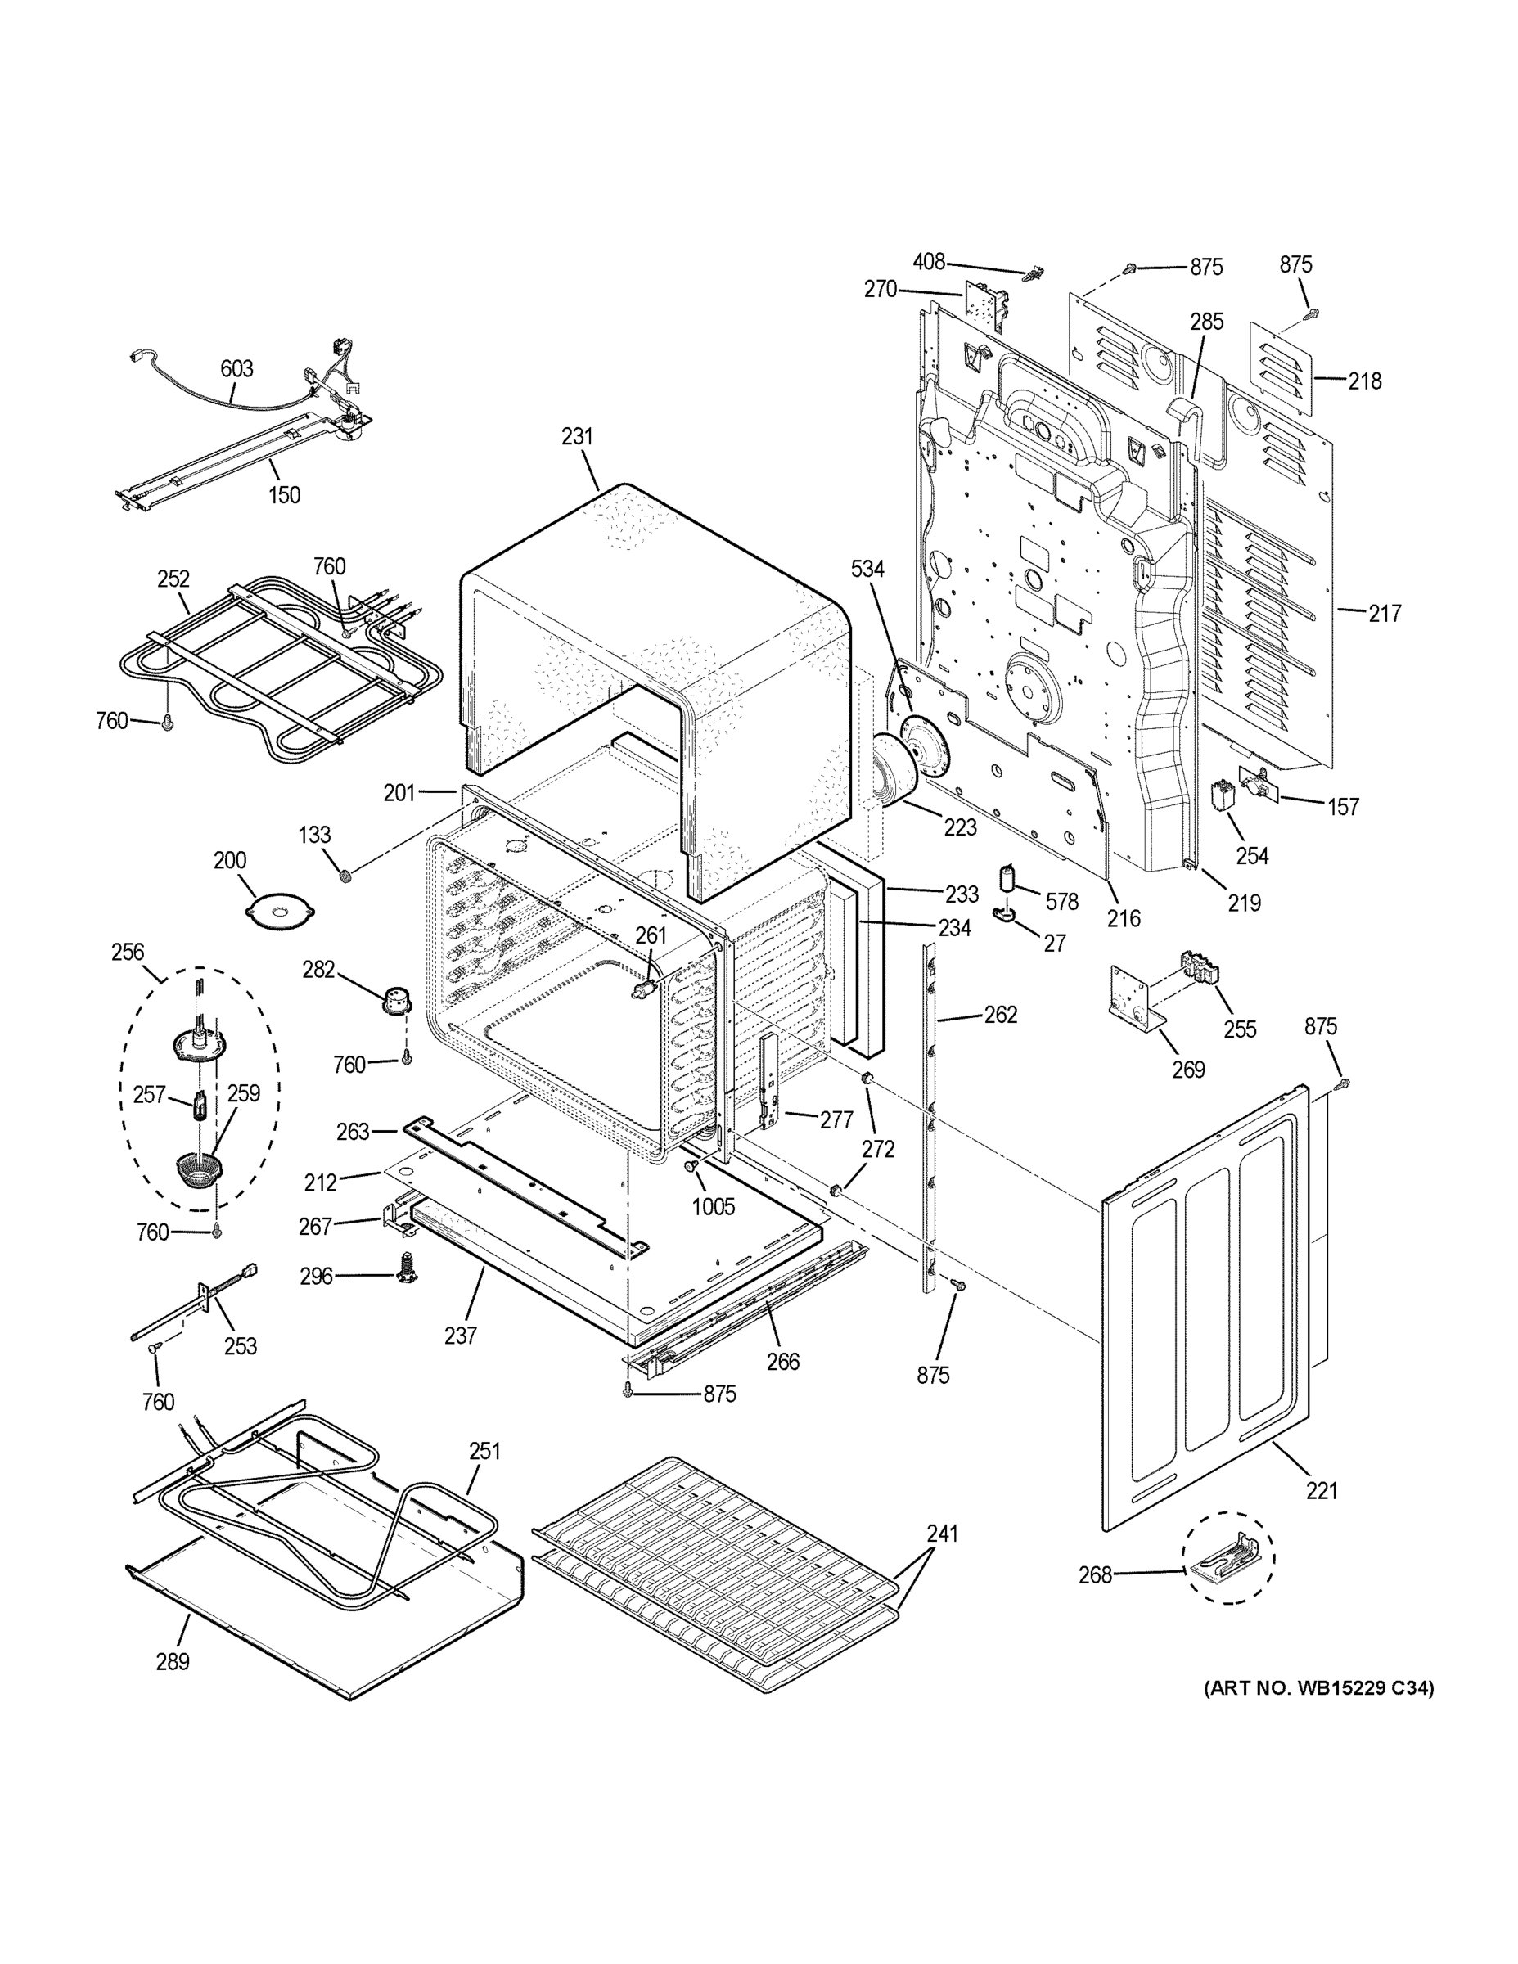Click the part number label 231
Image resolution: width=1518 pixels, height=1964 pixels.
click(x=578, y=436)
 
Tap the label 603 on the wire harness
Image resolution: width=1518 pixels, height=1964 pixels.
click(x=236, y=369)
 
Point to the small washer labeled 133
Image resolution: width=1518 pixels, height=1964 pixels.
click(x=344, y=874)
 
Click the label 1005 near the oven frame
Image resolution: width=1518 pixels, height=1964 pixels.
click(x=713, y=1206)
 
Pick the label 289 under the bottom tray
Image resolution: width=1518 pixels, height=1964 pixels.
click(x=173, y=1662)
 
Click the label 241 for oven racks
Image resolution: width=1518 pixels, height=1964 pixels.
click(x=943, y=1534)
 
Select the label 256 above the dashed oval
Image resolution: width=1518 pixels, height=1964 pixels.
click(x=128, y=952)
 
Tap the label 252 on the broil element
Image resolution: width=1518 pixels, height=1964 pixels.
click(x=173, y=579)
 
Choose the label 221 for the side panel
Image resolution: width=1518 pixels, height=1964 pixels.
click(x=1322, y=1491)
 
